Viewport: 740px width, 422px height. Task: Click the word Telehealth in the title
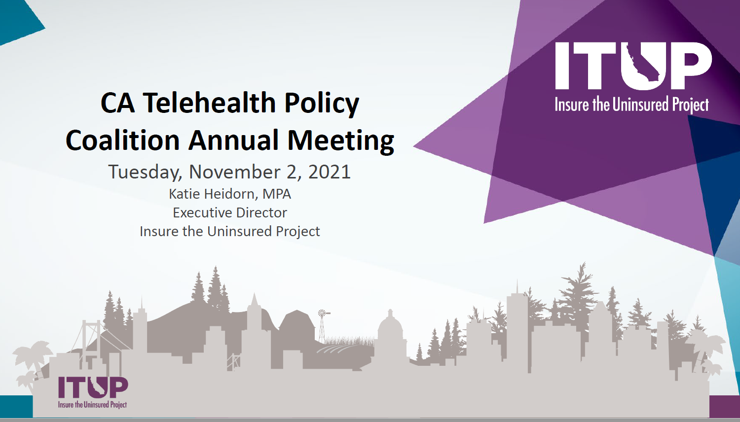pyautogui.click(x=209, y=103)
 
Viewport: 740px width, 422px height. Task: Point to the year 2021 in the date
pyautogui.click(x=330, y=172)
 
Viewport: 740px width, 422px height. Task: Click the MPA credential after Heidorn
pyautogui.click(x=276, y=194)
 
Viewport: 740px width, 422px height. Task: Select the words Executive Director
pyautogui.click(x=230, y=212)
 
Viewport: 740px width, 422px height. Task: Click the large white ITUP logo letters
pyautogui.click(x=633, y=66)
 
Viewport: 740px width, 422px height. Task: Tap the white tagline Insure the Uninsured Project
pyautogui.click(x=631, y=105)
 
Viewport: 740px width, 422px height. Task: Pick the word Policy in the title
pyautogui.click(x=322, y=104)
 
